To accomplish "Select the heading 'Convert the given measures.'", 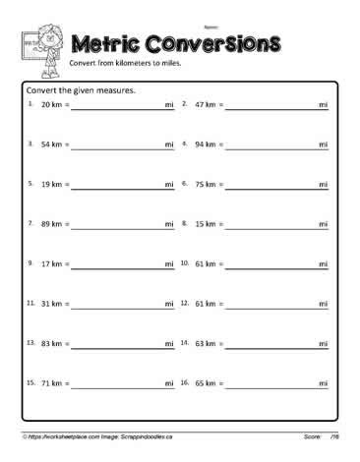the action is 79,90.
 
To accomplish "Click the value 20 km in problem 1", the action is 51,104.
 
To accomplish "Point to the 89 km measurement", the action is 51,224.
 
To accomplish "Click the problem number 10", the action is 185,263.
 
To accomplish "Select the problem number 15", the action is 30,382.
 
